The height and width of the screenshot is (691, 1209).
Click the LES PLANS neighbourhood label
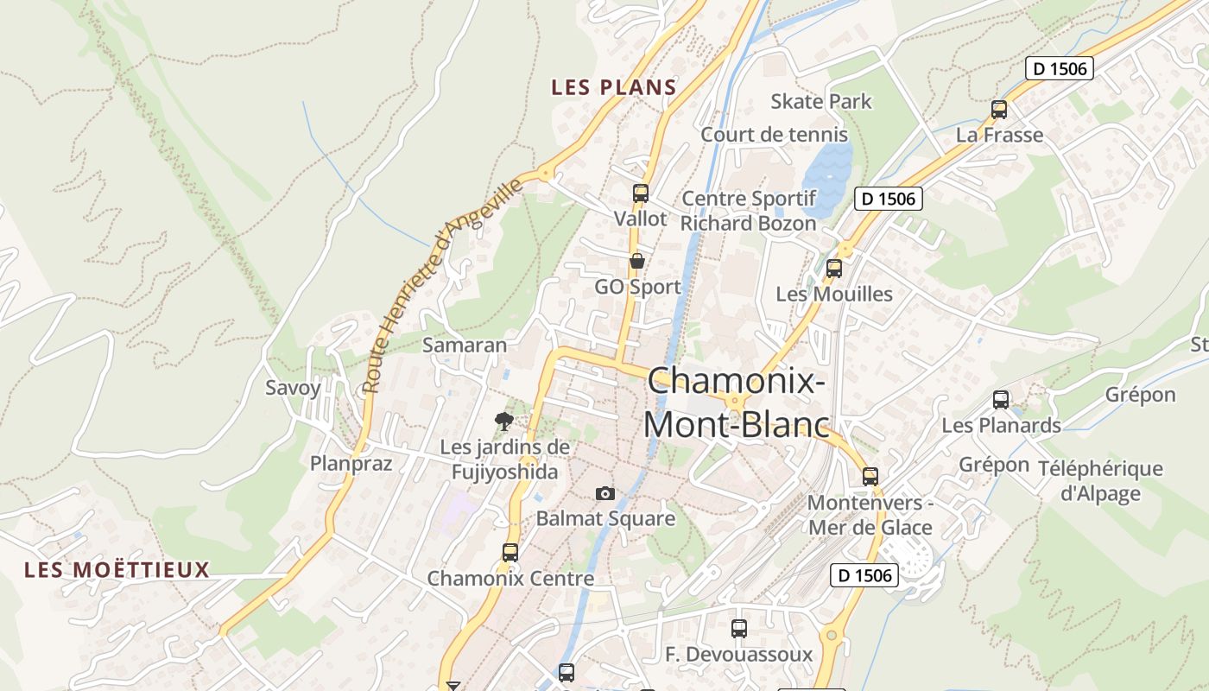click(614, 87)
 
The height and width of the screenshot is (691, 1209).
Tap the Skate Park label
click(821, 101)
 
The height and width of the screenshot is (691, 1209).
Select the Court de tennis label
click(774, 135)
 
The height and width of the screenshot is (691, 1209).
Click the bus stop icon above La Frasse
click(999, 110)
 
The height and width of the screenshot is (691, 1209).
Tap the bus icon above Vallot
click(640, 193)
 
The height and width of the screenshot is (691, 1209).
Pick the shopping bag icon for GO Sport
click(637, 261)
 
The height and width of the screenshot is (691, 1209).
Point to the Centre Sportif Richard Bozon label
click(748, 211)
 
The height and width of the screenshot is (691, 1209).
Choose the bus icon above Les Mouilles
click(833, 269)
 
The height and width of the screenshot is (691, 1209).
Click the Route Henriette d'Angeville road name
click(442, 285)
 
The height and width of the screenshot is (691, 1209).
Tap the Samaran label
click(465, 345)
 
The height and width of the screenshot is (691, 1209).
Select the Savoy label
click(293, 387)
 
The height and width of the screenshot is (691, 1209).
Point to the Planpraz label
click(351, 464)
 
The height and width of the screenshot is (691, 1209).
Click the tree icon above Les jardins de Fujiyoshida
click(504, 422)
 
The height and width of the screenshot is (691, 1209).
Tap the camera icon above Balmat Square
click(605, 493)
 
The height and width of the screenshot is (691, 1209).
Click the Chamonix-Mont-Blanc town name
click(736, 403)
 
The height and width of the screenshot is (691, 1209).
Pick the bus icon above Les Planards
click(1001, 400)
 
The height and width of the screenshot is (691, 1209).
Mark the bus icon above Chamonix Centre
click(510, 552)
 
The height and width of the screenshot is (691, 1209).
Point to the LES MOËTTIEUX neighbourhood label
click(117, 570)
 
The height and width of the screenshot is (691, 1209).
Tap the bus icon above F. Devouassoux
click(738, 629)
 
